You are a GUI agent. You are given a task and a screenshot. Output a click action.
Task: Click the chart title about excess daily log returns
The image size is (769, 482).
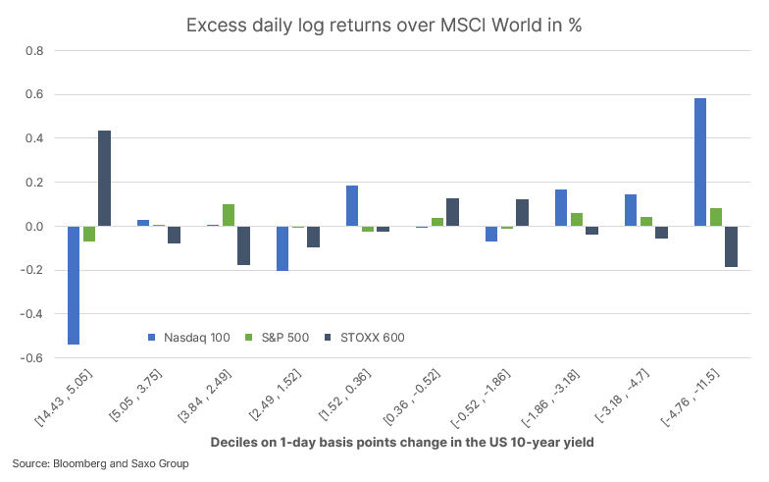tap(384, 26)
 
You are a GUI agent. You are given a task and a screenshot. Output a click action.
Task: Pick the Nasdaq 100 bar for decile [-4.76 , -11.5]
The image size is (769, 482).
tap(700, 162)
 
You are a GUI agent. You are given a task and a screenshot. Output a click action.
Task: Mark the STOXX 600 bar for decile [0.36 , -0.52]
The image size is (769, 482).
tap(452, 212)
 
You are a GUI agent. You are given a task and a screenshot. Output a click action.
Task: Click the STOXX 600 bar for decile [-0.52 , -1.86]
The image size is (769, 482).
tap(522, 213)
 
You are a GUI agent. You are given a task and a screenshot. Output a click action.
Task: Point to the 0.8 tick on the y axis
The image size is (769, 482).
tap(35, 51)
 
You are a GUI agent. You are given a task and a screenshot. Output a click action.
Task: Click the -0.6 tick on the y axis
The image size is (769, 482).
tap(33, 358)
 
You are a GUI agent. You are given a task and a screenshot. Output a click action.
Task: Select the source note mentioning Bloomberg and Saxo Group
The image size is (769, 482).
tap(100, 463)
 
